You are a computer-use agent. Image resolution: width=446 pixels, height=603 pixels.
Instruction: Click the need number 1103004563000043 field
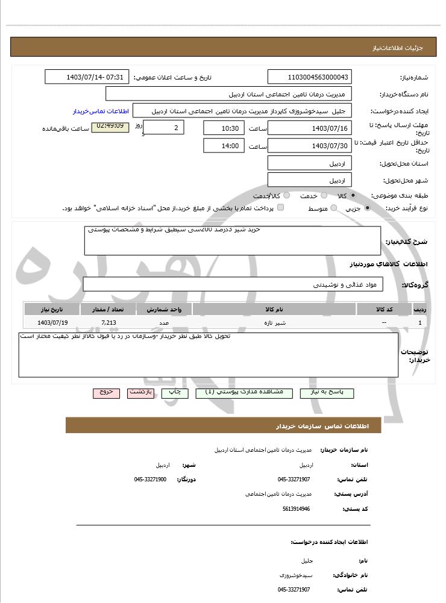(310, 77)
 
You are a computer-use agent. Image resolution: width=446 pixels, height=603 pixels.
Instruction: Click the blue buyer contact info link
(101, 111)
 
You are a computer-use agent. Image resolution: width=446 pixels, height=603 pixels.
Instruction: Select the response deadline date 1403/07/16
(310, 128)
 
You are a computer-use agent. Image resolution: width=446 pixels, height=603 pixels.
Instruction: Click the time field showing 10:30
(224, 128)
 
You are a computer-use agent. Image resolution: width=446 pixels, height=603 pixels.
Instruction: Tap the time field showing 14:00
(224, 146)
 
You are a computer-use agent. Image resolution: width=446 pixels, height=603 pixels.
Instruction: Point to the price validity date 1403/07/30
(310, 146)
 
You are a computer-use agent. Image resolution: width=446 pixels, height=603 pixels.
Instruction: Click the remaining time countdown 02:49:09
(110, 127)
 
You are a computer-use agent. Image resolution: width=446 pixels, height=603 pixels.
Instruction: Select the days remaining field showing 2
(164, 128)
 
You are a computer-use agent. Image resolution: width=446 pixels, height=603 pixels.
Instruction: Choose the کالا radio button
(353, 196)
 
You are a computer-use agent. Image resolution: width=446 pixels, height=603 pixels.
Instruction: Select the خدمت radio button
(324, 196)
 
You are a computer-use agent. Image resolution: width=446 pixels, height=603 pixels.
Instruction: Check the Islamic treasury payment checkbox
(280, 208)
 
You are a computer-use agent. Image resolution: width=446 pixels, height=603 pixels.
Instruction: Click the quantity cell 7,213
(108, 323)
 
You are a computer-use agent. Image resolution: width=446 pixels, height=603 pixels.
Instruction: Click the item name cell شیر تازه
(275, 323)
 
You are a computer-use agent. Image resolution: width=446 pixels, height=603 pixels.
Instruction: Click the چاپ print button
(174, 392)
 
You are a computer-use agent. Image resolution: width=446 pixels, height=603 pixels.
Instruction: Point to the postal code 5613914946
(296, 509)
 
